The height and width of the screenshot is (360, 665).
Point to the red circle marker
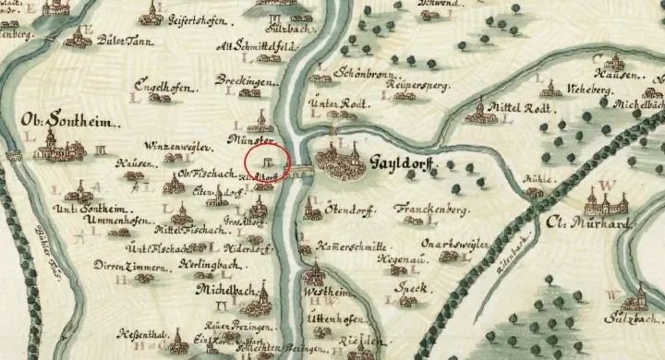270,157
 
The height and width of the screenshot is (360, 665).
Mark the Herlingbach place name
194,266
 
